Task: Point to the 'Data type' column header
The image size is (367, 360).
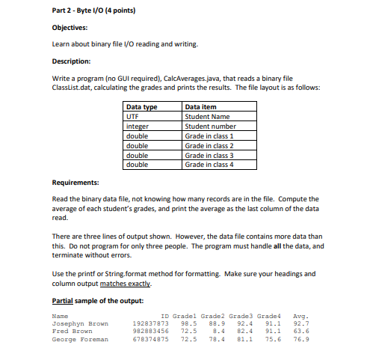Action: click(142, 107)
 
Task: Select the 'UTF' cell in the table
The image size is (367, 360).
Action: click(133, 117)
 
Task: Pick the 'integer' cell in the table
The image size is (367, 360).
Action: click(138, 126)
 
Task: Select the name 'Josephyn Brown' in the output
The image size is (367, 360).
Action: click(80, 324)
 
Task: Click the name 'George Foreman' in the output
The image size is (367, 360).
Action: click(80, 339)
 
